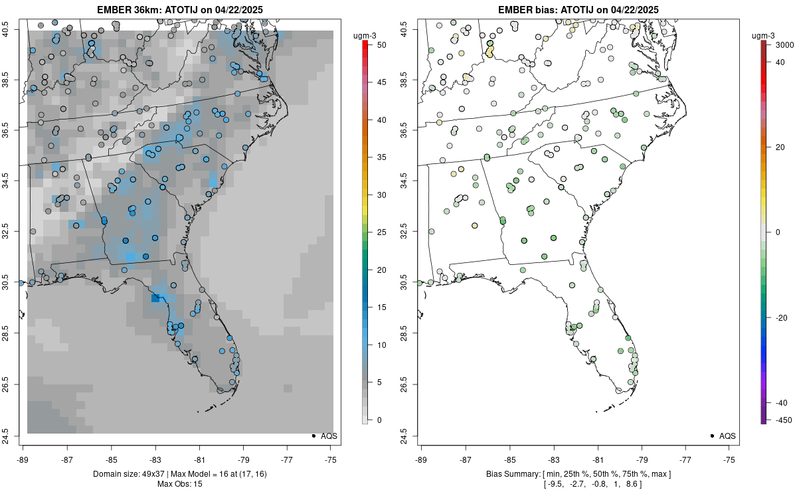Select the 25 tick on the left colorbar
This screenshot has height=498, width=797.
click(x=377, y=232)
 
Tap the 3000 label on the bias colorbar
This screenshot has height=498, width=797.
click(x=780, y=44)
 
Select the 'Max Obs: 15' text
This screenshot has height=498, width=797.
click(x=180, y=483)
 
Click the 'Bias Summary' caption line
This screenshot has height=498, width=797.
click(x=578, y=473)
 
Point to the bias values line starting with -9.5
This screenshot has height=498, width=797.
click(x=578, y=483)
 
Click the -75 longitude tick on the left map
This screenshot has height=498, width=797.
click(x=331, y=459)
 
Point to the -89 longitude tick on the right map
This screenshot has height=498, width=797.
click(x=422, y=459)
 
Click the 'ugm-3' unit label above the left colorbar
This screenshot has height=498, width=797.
click(x=364, y=35)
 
